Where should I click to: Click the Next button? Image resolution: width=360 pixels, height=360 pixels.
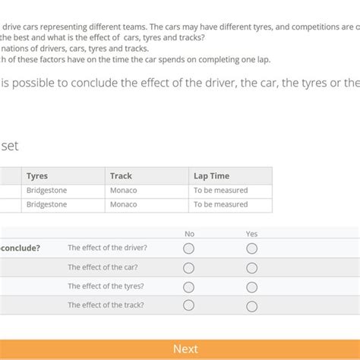(x=185, y=349)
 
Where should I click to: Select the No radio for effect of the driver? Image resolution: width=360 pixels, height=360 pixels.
(x=189, y=248)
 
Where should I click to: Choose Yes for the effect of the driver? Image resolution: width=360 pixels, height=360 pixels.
(x=251, y=248)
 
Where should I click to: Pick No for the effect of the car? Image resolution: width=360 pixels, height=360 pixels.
(x=189, y=267)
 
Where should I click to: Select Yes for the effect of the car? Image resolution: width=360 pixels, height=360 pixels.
(x=251, y=267)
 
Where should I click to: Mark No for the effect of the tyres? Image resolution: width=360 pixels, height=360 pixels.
(x=189, y=286)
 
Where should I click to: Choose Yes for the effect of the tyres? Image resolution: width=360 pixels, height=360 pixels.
(x=251, y=286)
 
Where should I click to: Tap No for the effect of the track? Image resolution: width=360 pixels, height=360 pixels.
(x=189, y=305)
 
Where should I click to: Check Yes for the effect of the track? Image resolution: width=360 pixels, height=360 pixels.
(x=251, y=305)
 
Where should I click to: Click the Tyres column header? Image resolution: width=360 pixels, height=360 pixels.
(x=37, y=176)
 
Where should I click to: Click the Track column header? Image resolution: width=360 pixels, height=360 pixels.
(x=121, y=176)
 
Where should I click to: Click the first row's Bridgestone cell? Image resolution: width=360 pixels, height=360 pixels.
(x=46, y=191)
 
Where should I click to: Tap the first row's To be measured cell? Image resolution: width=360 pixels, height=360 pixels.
(x=220, y=191)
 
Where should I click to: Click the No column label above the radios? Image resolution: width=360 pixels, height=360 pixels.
(x=189, y=234)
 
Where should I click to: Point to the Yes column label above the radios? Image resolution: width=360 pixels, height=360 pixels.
(x=251, y=234)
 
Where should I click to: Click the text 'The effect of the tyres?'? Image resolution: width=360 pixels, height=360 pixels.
(x=106, y=286)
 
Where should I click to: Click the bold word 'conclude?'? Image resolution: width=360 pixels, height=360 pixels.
(x=21, y=248)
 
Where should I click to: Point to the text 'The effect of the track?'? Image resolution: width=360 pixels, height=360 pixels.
(x=106, y=305)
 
